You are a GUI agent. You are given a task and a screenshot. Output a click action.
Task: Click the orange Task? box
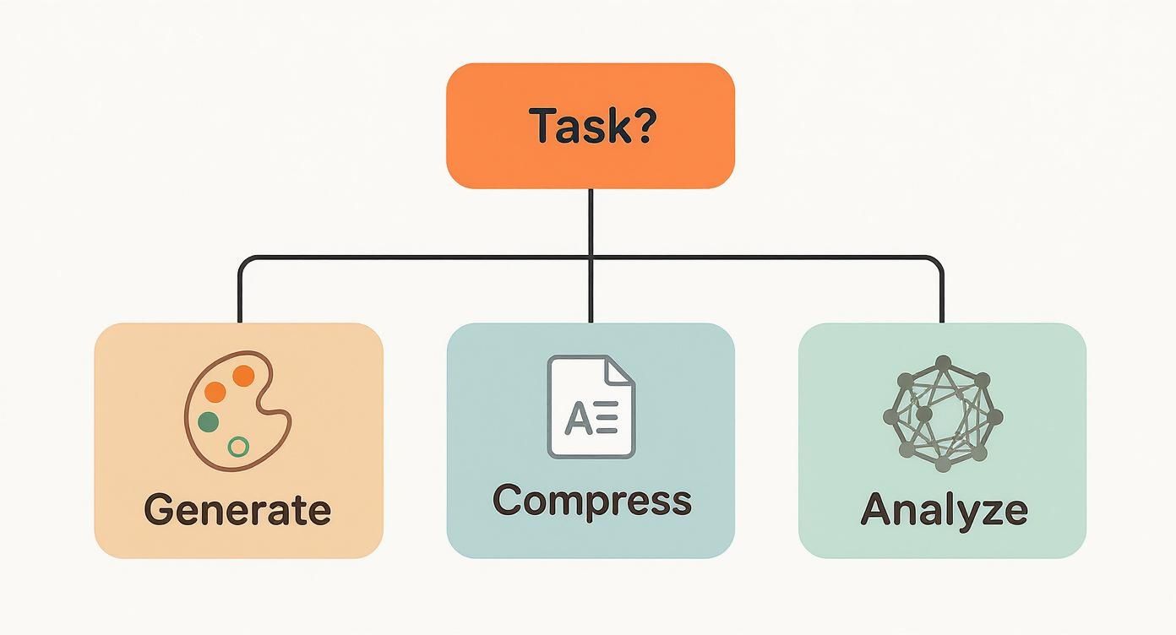[590, 125]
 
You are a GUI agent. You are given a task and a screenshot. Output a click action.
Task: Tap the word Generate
[237, 510]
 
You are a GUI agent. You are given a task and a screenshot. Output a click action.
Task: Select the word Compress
[591, 500]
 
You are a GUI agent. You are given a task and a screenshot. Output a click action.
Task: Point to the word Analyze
[943, 510]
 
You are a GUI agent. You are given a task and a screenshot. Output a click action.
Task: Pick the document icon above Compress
[591, 407]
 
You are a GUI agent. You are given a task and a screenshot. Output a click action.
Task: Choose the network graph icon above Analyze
[942, 413]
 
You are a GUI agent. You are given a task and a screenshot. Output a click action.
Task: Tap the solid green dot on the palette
[208, 421]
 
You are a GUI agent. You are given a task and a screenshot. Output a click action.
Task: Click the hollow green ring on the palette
[239, 447]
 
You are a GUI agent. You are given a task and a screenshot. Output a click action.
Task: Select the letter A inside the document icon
[579, 419]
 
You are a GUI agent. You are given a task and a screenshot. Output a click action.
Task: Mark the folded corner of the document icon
[621, 369]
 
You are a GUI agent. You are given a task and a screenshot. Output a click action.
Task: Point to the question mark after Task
[643, 125]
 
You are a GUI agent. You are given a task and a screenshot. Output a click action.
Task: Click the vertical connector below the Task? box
[591, 221]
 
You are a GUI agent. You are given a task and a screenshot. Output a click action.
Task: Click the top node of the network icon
[944, 363]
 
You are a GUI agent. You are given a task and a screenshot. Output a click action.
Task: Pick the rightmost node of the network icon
[995, 416]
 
